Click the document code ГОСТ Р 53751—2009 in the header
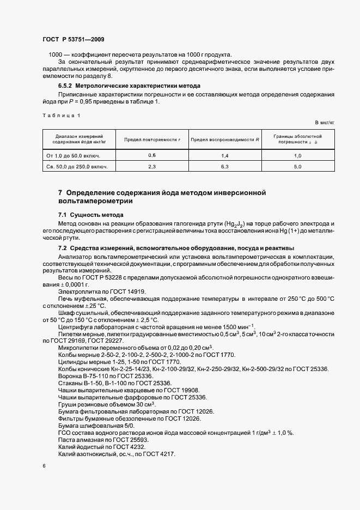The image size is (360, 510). click(73, 39)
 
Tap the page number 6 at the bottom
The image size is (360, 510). click(44, 466)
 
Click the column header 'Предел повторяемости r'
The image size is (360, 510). click(152, 139)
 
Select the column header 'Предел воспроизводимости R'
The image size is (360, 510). click(224, 139)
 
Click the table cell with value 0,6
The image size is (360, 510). click(152, 156)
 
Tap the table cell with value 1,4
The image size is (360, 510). click(224, 156)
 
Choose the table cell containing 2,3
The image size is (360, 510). click(152, 167)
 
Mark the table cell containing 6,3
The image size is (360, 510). click(224, 167)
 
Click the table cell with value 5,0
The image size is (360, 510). click(298, 167)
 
